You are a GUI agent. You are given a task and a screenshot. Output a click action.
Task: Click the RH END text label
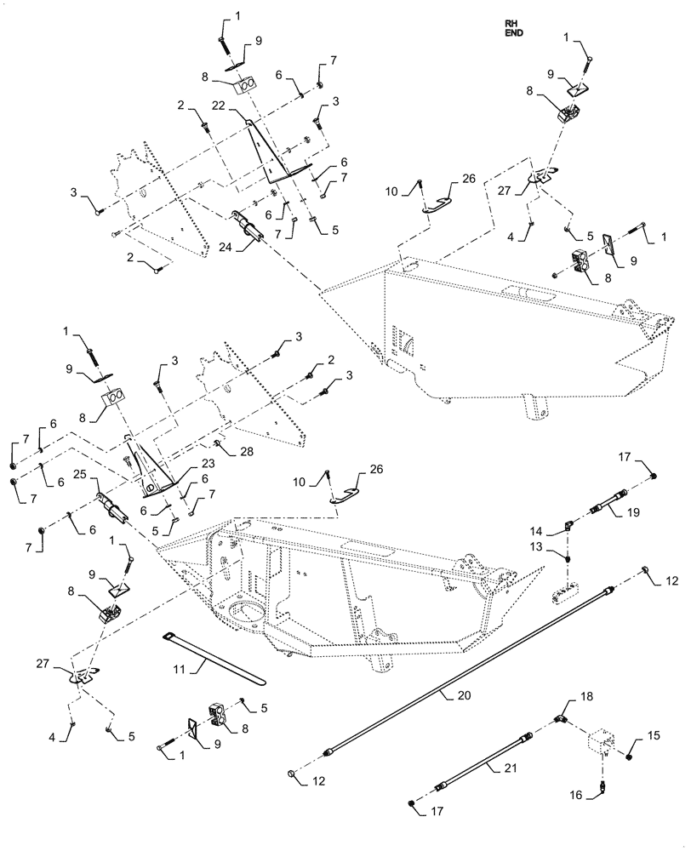pyautogui.click(x=513, y=30)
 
